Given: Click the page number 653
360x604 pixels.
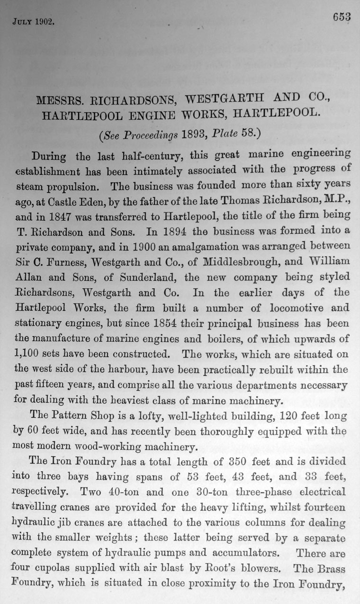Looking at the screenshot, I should point(341,18).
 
